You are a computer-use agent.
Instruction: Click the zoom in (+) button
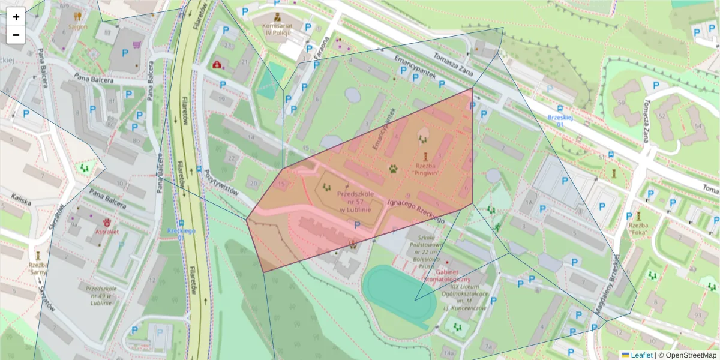pyautogui.click(x=16, y=17)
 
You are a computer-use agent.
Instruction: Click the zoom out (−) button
pyautogui.click(x=16, y=35)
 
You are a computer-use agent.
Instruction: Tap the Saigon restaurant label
pyautogui.click(x=77, y=26)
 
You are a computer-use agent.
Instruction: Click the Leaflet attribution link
pyautogui.click(x=641, y=355)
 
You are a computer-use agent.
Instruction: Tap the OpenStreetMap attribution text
pyautogui.click(x=691, y=355)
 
